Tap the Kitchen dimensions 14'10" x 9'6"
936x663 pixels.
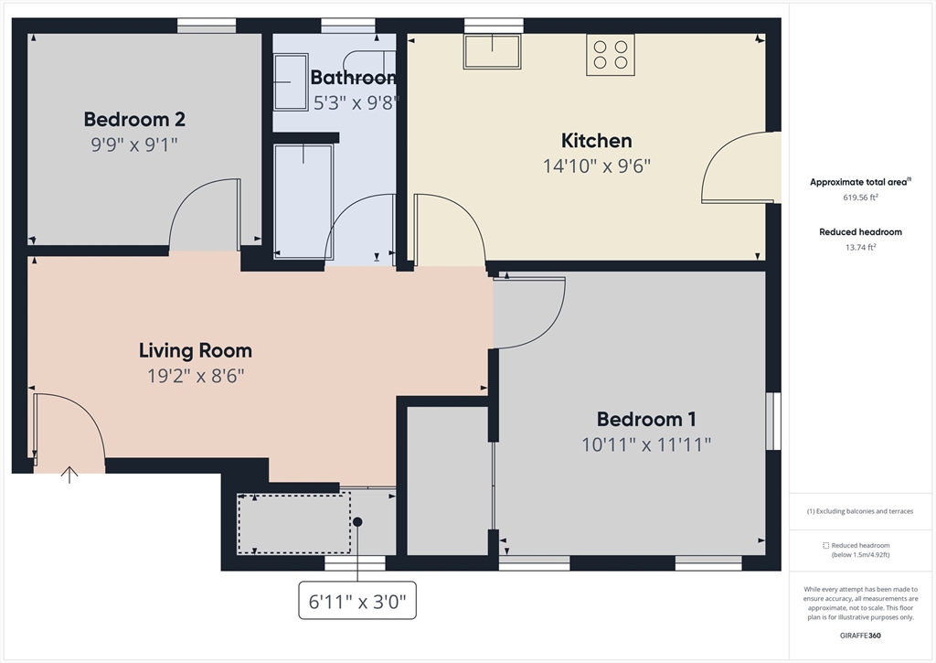point(596,166)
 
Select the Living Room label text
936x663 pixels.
point(195,350)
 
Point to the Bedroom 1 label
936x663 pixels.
point(646,420)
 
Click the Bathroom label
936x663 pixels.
point(353,78)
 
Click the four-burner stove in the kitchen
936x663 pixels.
point(611,54)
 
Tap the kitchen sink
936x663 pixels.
point(492,51)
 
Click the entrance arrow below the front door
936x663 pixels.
point(69,474)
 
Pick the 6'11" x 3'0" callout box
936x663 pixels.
point(357,601)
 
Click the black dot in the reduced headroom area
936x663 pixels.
point(358,522)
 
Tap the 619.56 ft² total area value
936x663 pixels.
point(859,197)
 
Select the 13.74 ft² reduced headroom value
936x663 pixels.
point(859,247)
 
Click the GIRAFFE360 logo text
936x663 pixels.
point(860,636)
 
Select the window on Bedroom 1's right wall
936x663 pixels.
point(773,422)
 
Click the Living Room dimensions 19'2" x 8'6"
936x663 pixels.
point(195,375)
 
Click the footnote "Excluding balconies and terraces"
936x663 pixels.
point(859,511)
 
